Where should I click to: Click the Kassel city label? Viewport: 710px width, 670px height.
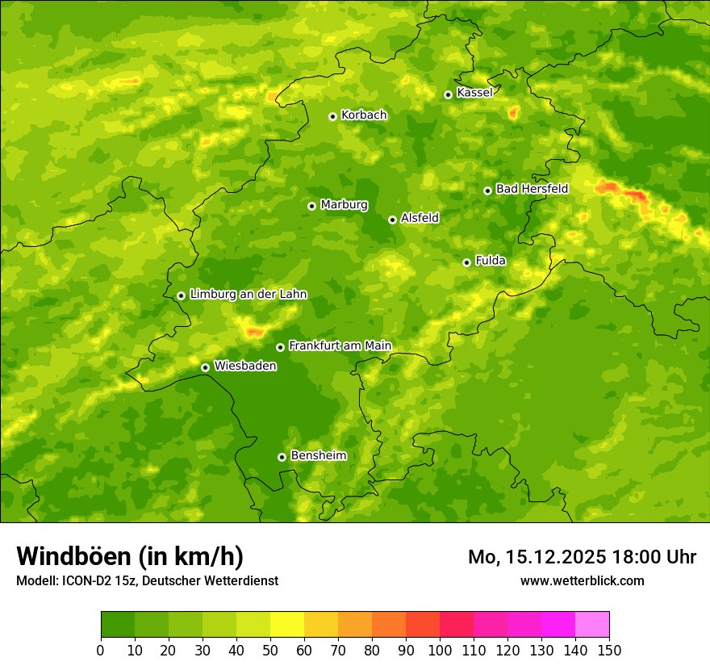[x=474, y=93]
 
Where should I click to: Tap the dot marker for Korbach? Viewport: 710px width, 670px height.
[x=332, y=116]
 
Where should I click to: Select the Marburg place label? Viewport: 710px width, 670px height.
[x=344, y=205]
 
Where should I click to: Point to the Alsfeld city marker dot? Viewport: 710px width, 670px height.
[x=392, y=220]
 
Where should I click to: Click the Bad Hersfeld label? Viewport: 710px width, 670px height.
[x=532, y=189]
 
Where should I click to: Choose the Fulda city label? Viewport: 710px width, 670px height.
[x=491, y=261]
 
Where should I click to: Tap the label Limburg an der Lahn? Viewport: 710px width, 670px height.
[x=248, y=295]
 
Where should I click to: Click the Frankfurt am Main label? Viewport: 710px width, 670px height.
[x=340, y=345]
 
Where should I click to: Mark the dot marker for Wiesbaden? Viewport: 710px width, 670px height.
[x=205, y=367]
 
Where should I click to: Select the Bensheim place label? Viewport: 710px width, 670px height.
[x=318, y=455]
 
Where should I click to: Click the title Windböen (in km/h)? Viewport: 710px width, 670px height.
[x=130, y=556]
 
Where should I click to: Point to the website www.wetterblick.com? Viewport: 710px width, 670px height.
[x=582, y=580]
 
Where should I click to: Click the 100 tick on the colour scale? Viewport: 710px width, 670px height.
[x=440, y=651]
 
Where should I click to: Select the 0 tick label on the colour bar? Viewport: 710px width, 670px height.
[x=101, y=651]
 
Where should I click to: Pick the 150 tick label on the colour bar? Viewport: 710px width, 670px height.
[x=609, y=651]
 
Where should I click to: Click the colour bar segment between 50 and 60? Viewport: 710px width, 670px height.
[x=287, y=625]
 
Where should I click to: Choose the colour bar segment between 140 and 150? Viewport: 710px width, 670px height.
[x=592, y=625]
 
